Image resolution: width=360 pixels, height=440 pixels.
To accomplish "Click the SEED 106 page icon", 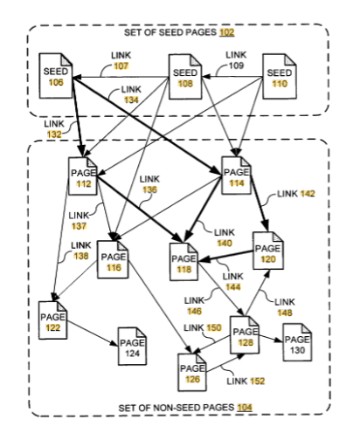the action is tap(56, 76).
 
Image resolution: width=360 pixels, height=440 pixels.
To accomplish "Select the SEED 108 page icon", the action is tap(185, 77).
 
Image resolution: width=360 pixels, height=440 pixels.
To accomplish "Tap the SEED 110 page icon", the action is tap(280, 77).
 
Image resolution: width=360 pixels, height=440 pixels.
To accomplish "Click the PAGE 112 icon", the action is tap(83, 176).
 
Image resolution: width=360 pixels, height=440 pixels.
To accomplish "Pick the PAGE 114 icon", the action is tap(236, 175).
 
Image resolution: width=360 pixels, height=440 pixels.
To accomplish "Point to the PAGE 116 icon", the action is tap(113, 260).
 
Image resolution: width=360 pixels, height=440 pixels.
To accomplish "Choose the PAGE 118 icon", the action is tap(183, 262).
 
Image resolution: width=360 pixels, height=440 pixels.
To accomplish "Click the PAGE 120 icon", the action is tap(268, 251).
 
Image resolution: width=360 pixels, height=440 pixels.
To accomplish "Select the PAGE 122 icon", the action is tap(53, 320).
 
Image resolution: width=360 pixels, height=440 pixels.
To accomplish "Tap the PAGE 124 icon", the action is tap(132, 347).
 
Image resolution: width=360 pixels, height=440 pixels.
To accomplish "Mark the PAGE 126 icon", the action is tap(192, 372).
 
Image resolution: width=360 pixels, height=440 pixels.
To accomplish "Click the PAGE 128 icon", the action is tap(245, 335).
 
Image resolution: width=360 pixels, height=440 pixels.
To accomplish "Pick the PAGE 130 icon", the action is tap(297, 342).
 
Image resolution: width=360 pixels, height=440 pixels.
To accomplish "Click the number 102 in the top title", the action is tap(227, 32).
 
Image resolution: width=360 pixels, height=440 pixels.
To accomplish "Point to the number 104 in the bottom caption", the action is tap(245, 408).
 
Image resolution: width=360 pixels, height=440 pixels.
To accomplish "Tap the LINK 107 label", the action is tap(121, 60).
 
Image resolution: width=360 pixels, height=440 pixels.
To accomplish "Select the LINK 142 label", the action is tap(296, 194).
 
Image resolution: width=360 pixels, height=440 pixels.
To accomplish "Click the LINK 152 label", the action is tap(246, 381).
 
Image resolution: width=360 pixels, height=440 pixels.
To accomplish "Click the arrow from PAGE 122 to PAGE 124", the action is tap(93, 333).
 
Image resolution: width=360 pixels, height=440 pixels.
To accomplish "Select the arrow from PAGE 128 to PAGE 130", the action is tap(271, 339).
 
